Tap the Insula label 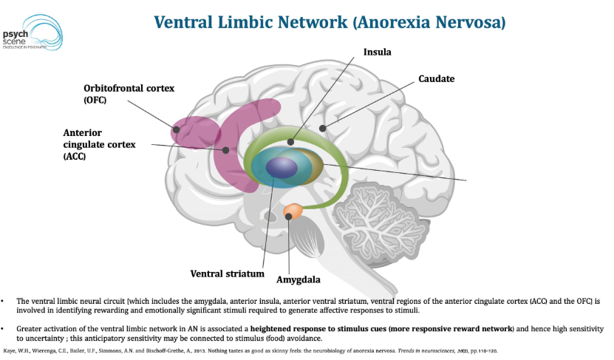coord(378,52)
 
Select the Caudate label coord(436,78)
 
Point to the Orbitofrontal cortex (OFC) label coord(129,94)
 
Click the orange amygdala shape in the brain coord(293,211)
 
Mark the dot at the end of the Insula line coord(291,140)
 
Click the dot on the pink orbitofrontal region coord(176,129)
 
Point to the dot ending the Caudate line coord(322,129)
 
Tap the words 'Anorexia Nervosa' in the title coord(430,21)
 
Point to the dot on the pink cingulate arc coord(226,150)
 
